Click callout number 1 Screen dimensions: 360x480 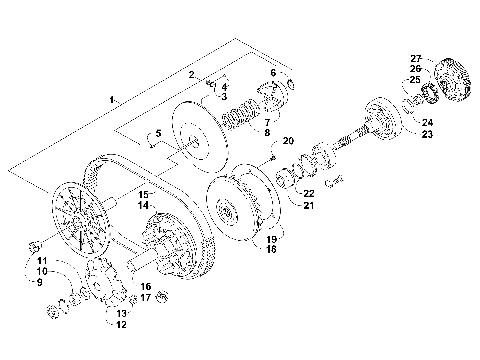point(114,98)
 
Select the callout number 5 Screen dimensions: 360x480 point(158,134)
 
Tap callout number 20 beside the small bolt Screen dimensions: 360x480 point(288,141)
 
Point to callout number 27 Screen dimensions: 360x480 point(416,58)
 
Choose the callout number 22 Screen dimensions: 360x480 point(309,193)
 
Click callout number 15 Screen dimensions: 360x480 point(143,193)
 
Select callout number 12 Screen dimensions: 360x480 point(120,324)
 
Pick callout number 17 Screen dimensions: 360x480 point(145,297)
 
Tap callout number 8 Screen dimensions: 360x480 point(267,131)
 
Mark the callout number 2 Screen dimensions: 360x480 point(192,75)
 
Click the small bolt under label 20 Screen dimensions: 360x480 point(272,156)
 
